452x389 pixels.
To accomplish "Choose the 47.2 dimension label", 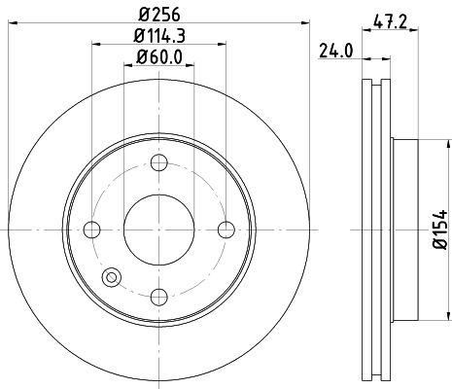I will pos(391,17).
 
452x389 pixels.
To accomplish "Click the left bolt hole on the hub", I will pos(93,230).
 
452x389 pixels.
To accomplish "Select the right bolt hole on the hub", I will pos(226,230).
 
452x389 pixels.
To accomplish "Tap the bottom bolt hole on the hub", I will pos(159,296).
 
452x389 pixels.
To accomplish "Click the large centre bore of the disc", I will pos(159,230).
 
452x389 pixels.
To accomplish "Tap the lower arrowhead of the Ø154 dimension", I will pos(447,313).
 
